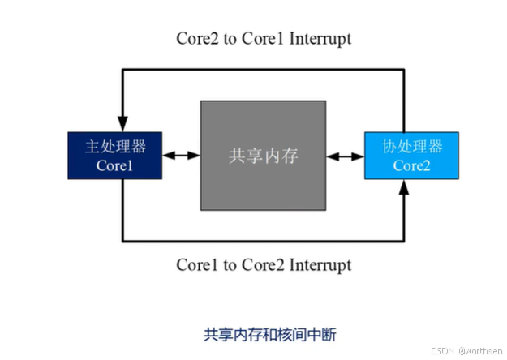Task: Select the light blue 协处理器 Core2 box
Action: [413, 155]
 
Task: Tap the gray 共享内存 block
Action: [264, 155]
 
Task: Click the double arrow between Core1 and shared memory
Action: [181, 155]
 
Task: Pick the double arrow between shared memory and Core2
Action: [346, 155]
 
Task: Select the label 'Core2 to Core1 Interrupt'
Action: [264, 38]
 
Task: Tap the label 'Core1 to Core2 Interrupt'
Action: [264, 265]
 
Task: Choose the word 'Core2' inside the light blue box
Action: [413, 165]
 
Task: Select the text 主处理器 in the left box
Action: [115, 147]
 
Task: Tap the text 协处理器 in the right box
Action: [413, 147]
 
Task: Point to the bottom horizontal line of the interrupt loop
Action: [264, 241]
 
